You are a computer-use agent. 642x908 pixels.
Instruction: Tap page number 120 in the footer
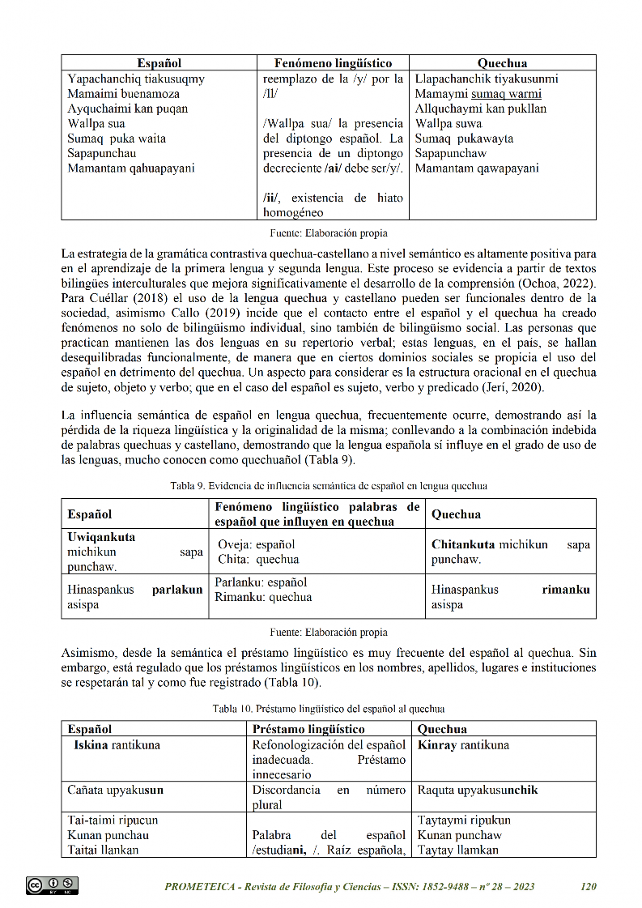click(589, 887)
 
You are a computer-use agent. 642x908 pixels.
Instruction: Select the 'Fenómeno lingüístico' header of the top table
click(333, 63)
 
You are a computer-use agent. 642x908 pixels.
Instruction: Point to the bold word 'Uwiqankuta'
click(101, 537)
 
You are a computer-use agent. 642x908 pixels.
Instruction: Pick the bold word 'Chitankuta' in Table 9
click(463, 544)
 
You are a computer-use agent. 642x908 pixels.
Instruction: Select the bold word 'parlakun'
click(177, 590)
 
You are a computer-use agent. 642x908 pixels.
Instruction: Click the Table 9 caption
click(329, 486)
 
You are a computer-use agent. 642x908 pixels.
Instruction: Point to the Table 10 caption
click(329, 709)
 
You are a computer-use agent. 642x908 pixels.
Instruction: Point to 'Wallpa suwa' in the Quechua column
click(449, 124)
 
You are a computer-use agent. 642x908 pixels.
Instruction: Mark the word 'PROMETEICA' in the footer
click(202, 887)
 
